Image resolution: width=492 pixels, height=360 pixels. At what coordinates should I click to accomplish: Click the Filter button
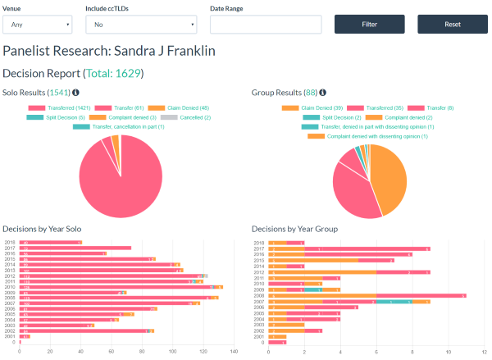point(369,25)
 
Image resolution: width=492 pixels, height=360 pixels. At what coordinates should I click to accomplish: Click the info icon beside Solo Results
point(76,93)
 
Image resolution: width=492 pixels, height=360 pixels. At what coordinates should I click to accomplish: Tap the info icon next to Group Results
point(323,93)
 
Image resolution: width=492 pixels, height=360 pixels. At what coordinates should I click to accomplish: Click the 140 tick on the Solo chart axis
point(234,353)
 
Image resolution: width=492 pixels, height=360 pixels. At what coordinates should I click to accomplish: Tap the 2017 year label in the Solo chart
point(10,248)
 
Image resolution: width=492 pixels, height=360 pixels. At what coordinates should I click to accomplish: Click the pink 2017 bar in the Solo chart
point(82,248)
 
